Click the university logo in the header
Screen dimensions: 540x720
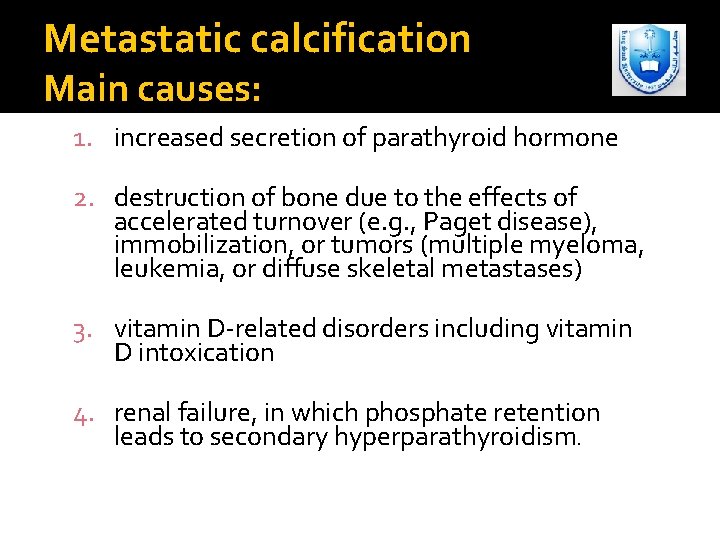click(649, 60)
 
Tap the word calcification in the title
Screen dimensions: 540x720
click(340, 39)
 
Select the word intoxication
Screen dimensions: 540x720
click(206, 353)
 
